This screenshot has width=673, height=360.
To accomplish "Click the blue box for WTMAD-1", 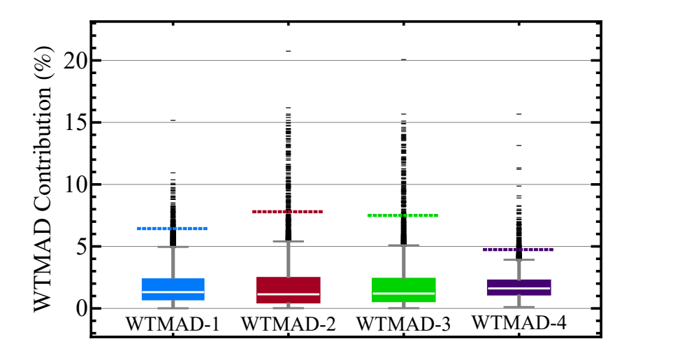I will click(173, 289).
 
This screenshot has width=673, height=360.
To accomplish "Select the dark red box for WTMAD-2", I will click(288, 289).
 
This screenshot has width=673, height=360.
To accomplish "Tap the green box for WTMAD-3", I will click(403, 289).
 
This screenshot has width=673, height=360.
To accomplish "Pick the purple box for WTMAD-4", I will click(519, 287).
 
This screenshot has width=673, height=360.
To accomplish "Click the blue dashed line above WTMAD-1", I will click(173, 229).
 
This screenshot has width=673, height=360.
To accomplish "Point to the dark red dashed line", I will click(288, 211).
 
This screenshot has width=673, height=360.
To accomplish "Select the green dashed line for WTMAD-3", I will click(403, 215).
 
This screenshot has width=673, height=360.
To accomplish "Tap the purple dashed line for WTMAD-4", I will click(519, 250).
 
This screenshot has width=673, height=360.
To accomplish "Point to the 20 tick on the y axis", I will click(76, 60).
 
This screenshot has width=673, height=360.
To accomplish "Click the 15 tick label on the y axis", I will click(76, 122).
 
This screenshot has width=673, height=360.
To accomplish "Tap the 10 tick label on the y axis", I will click(76, 185).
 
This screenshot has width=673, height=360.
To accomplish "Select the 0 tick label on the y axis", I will click(82, 308).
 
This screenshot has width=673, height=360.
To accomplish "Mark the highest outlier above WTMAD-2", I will click(288, 51).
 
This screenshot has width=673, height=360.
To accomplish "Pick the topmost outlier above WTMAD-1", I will click(173, 120).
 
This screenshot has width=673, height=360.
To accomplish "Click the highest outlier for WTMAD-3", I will click(403, 59).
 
